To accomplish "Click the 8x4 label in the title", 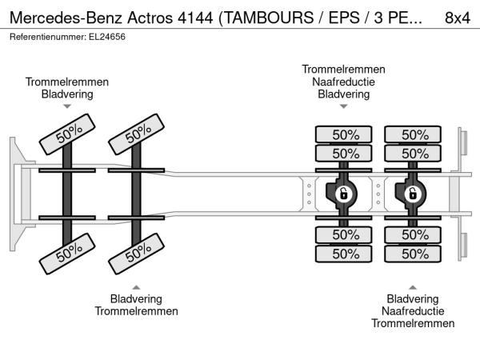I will point(458,17).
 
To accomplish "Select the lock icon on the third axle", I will point(342,194).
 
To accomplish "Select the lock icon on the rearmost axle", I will point(413,194).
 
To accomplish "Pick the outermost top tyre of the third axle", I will point(344,134).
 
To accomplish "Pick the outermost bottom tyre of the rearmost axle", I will point(414,254).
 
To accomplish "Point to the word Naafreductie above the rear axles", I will point(343,82).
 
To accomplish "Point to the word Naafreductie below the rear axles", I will point(413,310).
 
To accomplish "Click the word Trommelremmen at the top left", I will point(67,82).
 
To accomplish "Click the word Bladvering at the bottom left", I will point(137,298).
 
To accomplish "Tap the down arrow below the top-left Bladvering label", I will point(67,106).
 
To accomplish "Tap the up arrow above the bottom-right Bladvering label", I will point(413,286).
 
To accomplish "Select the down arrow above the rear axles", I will point(343,106).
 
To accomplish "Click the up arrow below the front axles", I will point(137,286).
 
